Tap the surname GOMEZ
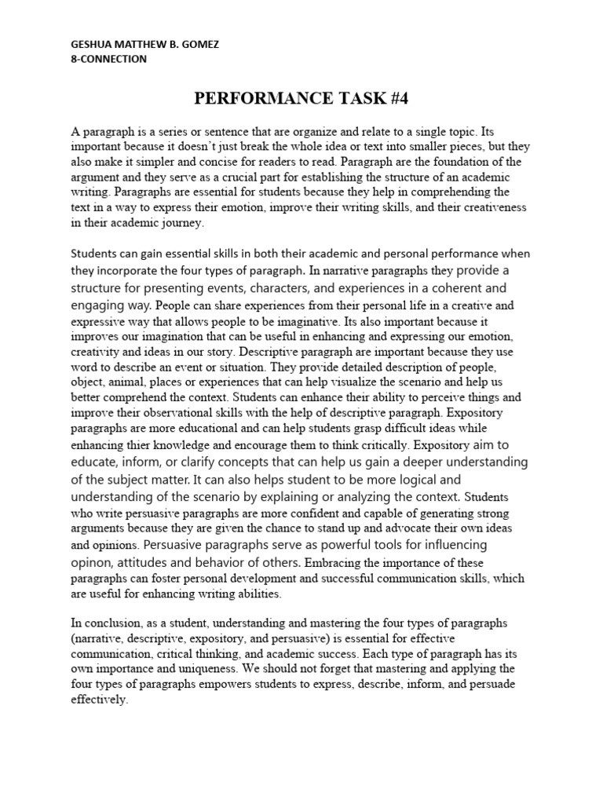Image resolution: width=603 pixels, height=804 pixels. [199, 45]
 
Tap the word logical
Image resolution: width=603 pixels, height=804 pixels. [389, 478]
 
